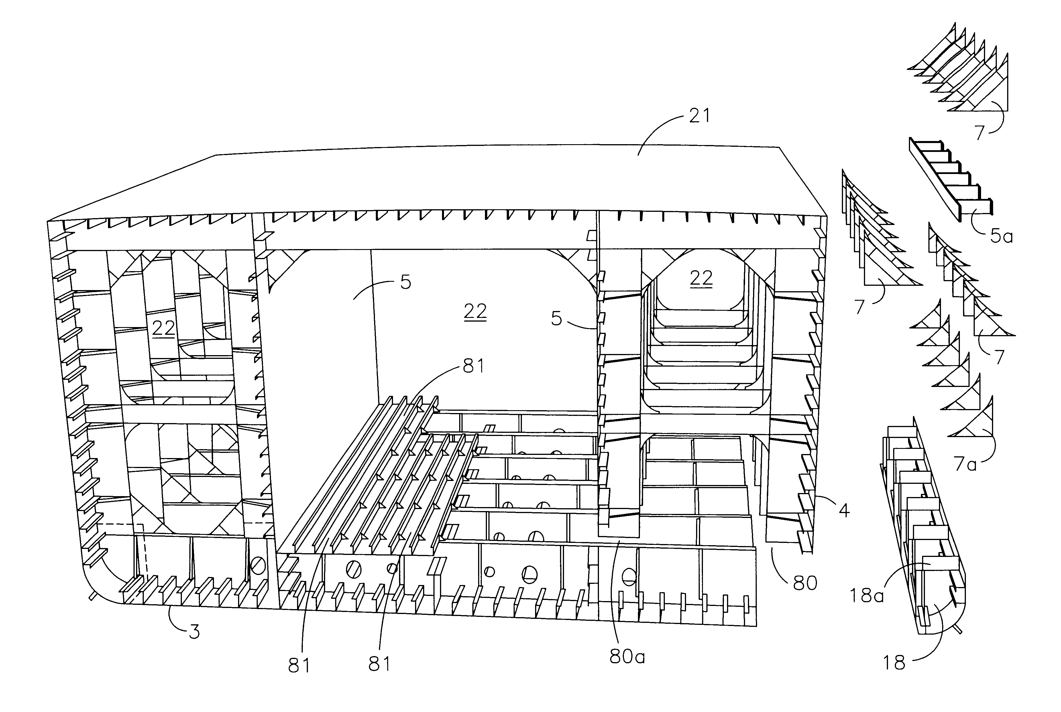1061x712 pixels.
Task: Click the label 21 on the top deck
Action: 699,116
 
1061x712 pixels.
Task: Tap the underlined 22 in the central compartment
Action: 475,312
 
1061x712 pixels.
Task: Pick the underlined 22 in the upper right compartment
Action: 701,278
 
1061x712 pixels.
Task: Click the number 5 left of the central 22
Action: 405,282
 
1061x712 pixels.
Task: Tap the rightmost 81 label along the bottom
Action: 379,664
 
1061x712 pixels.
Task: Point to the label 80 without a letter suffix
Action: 805,583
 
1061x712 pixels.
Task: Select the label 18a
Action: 866,595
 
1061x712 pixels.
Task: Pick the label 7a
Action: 964,464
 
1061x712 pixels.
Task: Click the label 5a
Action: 1001,236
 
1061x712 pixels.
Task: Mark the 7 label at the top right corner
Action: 979,133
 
